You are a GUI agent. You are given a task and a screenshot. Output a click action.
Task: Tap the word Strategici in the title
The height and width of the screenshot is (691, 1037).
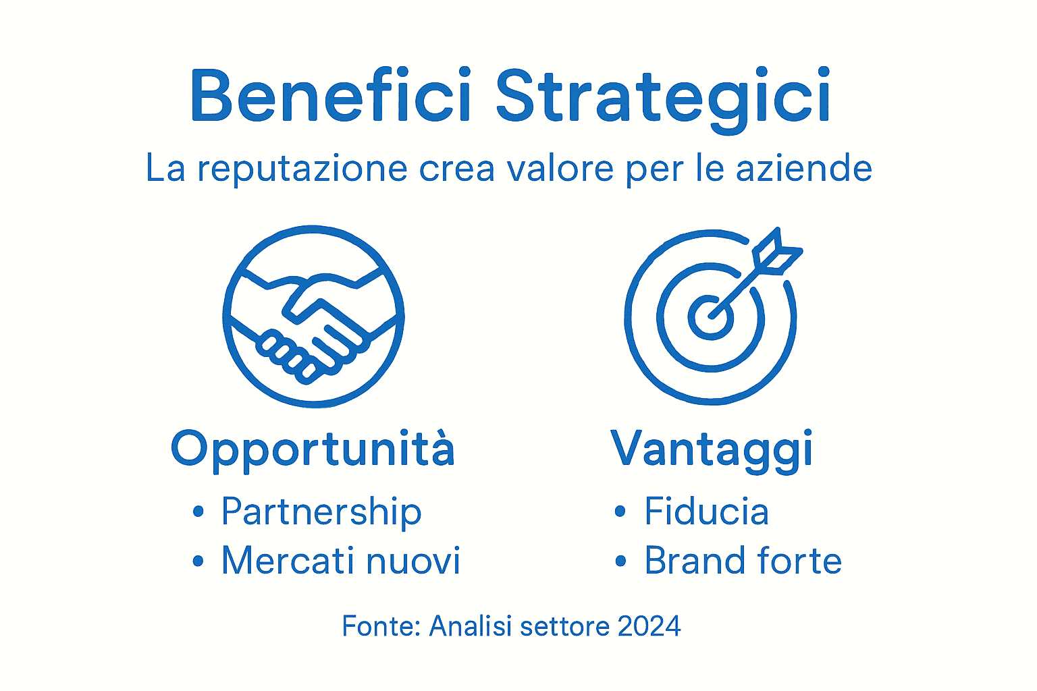pyautogui.click(x=663, y=96)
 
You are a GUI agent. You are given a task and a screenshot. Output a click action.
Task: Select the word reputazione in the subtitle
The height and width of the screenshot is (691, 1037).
pyautogui.click(x=302, y=169)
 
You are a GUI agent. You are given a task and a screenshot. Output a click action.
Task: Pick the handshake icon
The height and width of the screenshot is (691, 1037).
pyautogui.click(x=314, y=316)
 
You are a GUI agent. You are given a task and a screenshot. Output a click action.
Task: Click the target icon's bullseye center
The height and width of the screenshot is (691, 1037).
pyautogui.click(x=710, y=316)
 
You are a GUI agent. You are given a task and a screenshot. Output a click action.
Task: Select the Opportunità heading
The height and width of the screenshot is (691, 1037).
pyautogui.click(x=313, y=449)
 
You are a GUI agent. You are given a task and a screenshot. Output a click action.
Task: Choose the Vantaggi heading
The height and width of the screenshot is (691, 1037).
pyautogui.click(x=712, y=449)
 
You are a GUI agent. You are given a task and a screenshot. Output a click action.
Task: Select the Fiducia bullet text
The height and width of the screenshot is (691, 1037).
pyautogui.click(x=706, y=512)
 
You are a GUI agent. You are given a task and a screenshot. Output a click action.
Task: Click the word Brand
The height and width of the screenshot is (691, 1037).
pyautogui.click(x=693, y=561)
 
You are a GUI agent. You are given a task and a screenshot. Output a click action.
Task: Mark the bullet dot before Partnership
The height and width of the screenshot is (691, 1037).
pyautogui.click(x=198, y=512)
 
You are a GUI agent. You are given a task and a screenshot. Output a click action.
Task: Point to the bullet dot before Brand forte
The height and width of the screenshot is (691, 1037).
pyautogui.click(x=620, y=561)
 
